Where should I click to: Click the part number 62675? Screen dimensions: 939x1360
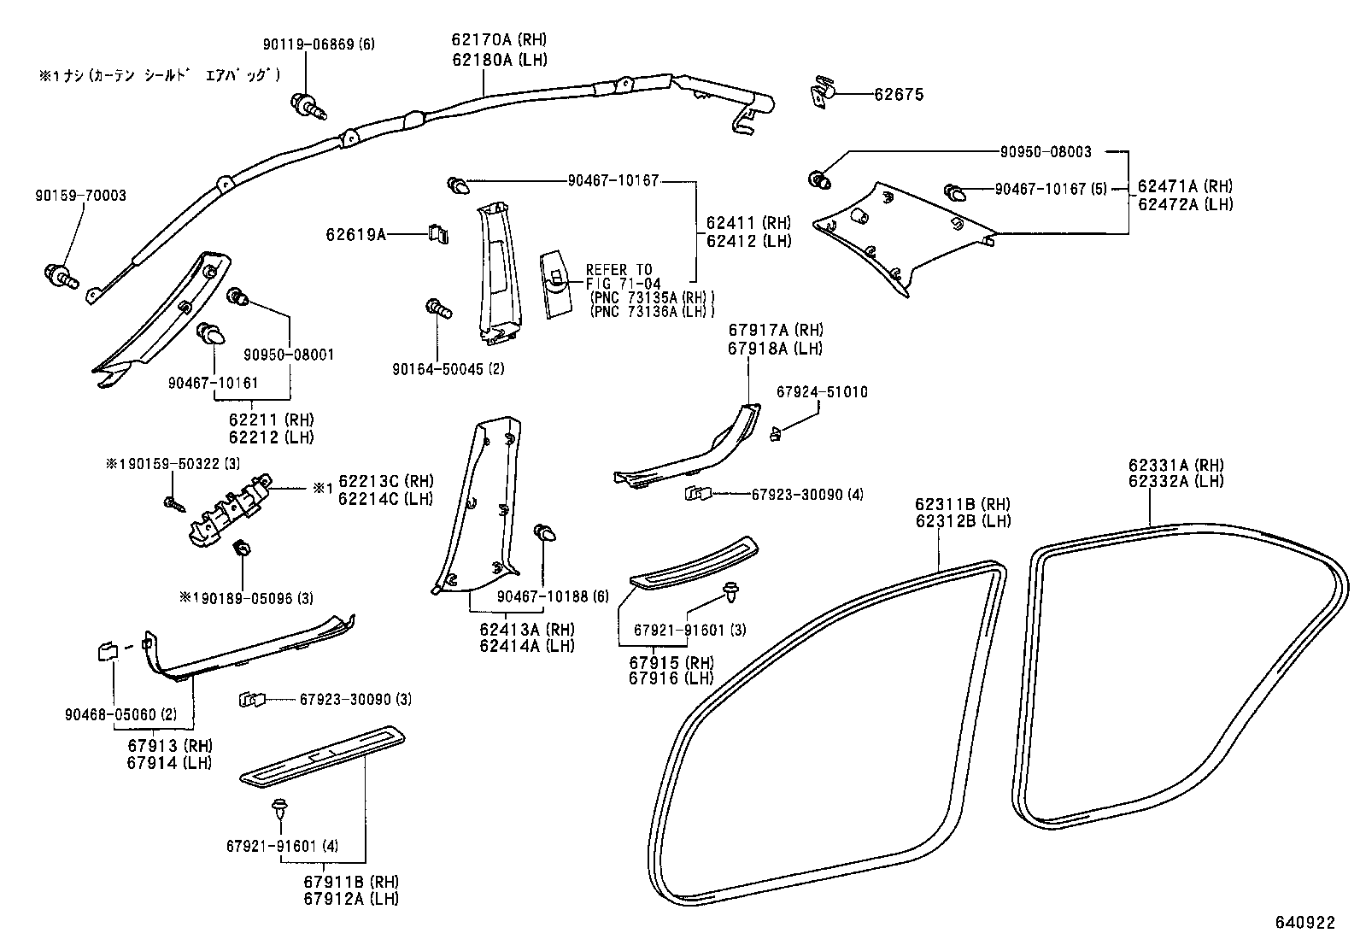click(898, 95)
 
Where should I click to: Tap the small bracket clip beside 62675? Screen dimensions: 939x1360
click(823, 91)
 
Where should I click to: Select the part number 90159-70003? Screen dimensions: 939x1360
click(80, 196)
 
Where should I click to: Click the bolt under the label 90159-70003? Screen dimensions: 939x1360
click(61, 276)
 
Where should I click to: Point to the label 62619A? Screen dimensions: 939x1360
click(355, 233)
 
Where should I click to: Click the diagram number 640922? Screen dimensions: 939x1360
click(1304, 923)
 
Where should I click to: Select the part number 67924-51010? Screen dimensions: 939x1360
click(822, 391)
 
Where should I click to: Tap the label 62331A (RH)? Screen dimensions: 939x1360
click(1175, 465)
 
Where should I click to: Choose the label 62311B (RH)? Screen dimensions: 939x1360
click(963, 504)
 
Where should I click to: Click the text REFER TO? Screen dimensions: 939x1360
click(618, 270)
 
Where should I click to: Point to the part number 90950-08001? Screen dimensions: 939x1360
click(289, 354)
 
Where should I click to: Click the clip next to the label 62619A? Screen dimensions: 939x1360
click(437, 233)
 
